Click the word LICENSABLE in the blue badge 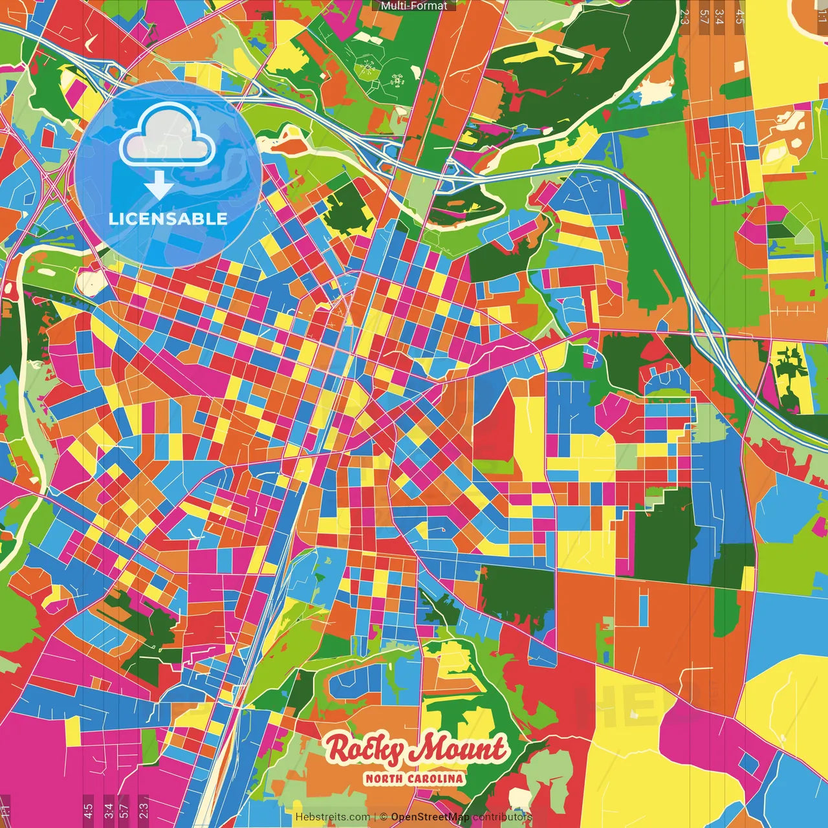coord(168,219)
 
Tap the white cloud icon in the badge coord(167,136)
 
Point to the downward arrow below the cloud coord(158,186)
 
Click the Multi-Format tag coord(414,6)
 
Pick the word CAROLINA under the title coord(437,778)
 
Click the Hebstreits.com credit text coord(332,817)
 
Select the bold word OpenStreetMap coord(430,817)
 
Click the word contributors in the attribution coord(502,817)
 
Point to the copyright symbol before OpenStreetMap coord(384,817)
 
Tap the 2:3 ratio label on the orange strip coord(684,16)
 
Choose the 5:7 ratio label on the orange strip coord(704,16)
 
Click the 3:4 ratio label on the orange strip coord(719,16)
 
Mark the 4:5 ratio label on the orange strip coord(739,16)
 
